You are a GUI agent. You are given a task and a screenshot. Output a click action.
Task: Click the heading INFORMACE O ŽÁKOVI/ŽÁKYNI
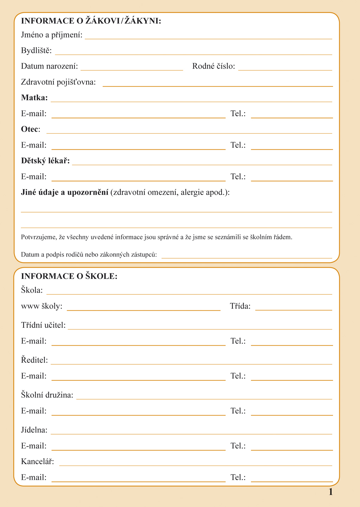point(91,21)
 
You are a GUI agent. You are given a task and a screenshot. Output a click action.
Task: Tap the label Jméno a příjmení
point(52,35)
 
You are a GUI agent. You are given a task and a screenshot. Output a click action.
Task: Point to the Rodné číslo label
point(213,66)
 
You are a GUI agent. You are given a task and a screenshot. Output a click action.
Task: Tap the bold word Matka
point(34,97)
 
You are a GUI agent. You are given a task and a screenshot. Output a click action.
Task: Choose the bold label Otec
point(30,129)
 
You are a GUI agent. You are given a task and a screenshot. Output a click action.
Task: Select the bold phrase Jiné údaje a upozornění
point(65,192)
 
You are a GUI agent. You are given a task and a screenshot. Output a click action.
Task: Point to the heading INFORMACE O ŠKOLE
point(69,276)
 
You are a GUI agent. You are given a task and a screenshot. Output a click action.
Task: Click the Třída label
point(240,306)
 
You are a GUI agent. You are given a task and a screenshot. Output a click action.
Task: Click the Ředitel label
point(34,360)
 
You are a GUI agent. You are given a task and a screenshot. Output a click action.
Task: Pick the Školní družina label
point(47,395)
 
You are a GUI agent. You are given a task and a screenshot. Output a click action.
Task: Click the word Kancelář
point(38,461)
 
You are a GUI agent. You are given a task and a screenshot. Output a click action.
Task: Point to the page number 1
point(330,492)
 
